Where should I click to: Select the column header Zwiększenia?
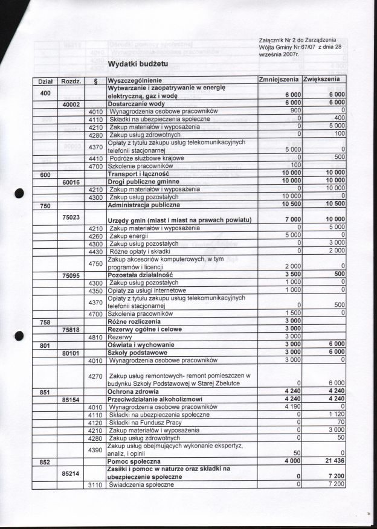[x=324, y=80]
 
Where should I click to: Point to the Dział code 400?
[x=45, y=93]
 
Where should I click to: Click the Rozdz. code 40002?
[x=72, y=104]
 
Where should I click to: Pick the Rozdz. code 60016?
[x=72, y=181]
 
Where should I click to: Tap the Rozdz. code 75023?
[x=72, y=216]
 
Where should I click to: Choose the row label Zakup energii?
[x=129, y=236]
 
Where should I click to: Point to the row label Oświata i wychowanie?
[x=141, y=344]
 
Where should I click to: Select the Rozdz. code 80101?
[x=72, y=352]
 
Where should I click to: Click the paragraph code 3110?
[x=95, y=484]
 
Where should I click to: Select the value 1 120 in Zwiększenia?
[x=335, y=415]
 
